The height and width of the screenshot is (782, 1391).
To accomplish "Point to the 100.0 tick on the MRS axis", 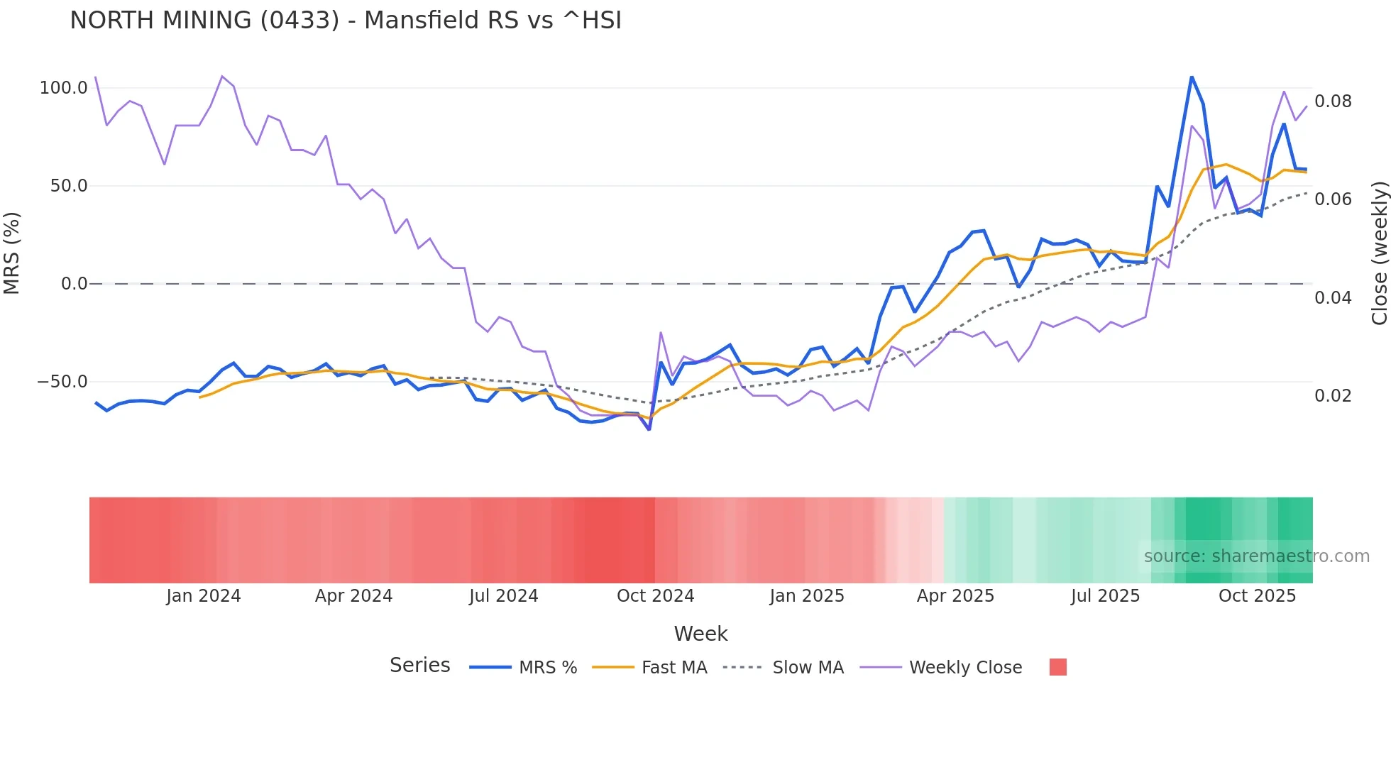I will point(63,88).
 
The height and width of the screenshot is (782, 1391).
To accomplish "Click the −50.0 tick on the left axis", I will point(62,382).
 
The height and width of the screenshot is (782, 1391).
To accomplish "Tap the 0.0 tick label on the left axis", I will point(74,284).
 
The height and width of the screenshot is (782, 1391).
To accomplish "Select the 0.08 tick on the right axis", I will point(1333,101).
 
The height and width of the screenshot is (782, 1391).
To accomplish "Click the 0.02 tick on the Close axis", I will point(1333,396).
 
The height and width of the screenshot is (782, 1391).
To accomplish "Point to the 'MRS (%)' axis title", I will point(12,253).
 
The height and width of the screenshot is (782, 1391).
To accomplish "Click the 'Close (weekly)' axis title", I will point(1379,253).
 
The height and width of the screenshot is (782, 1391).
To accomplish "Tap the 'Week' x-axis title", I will point(700,634).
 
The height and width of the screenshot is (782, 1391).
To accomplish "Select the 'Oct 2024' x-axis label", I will point(655,596).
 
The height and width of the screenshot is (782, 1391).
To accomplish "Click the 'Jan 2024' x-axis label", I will point(203,596).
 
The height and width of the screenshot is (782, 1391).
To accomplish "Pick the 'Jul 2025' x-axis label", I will point(1105,596).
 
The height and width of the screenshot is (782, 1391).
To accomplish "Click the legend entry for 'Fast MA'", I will point(673,668).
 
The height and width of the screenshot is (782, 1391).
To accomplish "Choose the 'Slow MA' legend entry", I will point(808,668).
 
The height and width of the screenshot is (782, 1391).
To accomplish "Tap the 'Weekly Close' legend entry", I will point(965,668).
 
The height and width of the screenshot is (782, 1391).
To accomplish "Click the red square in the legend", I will point(1057,667).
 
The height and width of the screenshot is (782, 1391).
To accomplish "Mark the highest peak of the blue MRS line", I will point(1192,77).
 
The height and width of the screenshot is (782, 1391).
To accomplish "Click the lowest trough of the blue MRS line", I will point(649,429).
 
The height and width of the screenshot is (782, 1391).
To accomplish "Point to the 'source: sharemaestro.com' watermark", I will point(1256,556).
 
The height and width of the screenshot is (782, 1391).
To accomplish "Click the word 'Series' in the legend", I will point(419,666).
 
